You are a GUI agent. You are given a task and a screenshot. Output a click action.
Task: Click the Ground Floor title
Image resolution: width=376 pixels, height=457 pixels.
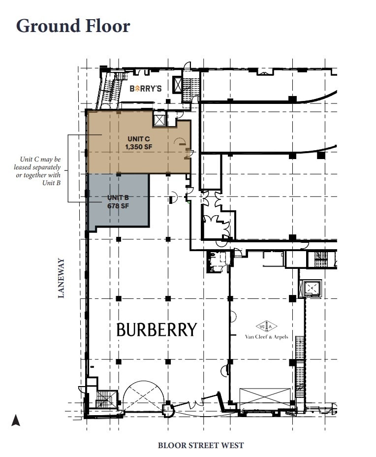tap(73, 26)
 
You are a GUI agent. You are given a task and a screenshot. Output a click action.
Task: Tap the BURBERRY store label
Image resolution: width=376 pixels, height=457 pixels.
tap(157, 329)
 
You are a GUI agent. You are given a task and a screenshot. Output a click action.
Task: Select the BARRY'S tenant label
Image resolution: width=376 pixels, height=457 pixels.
tap(146, 89)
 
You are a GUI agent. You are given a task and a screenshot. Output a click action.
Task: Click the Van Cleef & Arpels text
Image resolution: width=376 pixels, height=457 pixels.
tap(267, 337)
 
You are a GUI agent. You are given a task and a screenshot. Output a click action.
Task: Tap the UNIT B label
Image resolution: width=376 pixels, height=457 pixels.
tap(118, 198)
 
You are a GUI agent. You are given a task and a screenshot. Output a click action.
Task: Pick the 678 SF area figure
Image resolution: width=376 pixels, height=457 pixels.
tap(118, 206)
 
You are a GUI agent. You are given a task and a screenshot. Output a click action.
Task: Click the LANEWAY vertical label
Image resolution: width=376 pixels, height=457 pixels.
tap(62, 278)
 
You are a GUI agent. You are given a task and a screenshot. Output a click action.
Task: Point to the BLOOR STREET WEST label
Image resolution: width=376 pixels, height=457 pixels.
tap(201, 446)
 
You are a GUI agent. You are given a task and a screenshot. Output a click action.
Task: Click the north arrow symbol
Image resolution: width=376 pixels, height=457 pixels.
tap(16, 420)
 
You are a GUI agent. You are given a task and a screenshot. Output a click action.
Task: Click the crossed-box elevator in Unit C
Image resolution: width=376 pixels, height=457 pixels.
tap(159, 120)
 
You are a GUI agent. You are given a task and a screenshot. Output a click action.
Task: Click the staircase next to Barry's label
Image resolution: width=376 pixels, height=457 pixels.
tap(111, 90)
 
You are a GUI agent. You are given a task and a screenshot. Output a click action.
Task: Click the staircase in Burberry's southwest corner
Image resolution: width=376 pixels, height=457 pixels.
tap(105, 398)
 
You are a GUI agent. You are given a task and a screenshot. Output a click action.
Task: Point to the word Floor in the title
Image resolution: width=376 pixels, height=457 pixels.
tap(106, 26)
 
